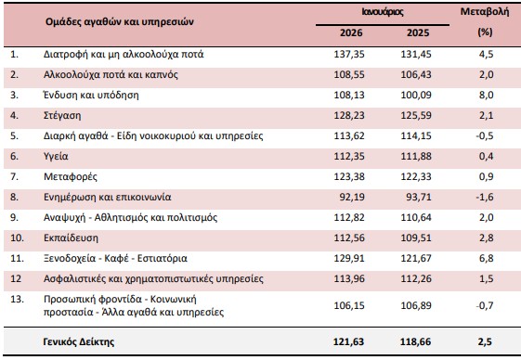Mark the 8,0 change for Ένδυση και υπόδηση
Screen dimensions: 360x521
coord(484,95)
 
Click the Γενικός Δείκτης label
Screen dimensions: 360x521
coord(79,341)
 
